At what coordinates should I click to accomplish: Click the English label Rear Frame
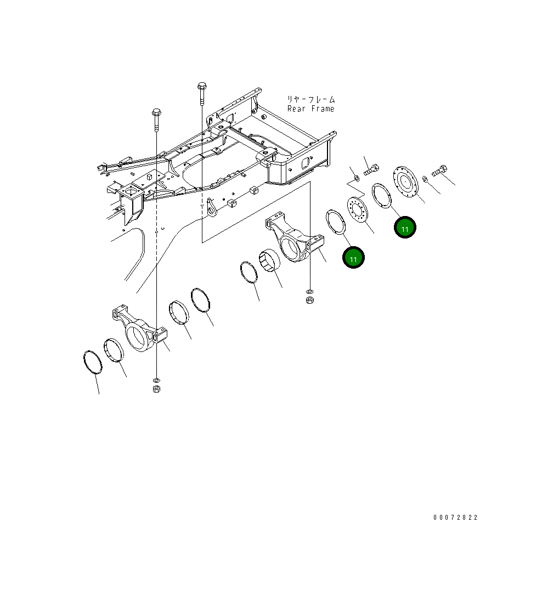(311, 109)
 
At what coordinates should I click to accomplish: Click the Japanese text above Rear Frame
(311, 99)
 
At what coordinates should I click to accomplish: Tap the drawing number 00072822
(455, 518)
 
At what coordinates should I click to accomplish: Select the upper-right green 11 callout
(405, 228)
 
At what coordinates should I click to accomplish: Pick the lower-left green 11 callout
(353, 257)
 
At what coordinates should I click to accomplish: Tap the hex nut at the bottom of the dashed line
(156, 389)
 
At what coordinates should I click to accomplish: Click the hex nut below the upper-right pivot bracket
(310, 300)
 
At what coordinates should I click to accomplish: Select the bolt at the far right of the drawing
(439, 171)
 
